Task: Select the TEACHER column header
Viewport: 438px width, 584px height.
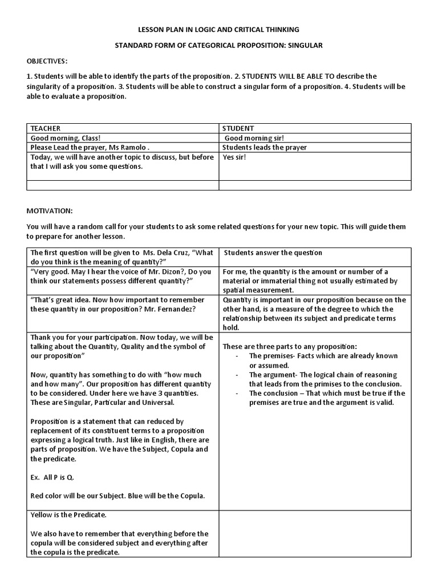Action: tap(46, 128)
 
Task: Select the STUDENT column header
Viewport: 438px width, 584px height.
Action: tap(238, 128)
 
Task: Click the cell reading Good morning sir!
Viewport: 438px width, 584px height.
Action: tap(254, 138)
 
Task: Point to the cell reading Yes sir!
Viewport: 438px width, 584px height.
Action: tap(234, 157)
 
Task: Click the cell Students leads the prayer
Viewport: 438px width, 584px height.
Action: tap(264, 147)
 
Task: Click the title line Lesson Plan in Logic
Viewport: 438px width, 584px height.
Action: tap(218, 29)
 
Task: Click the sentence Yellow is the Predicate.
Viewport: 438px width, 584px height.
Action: tap(68, 515)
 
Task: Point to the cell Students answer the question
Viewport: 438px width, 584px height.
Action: tap(273, 253)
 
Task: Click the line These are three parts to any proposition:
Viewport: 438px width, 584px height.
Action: tap(290, 346)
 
